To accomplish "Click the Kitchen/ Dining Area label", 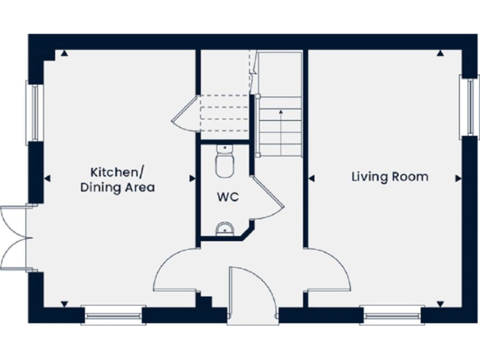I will coord(117,179).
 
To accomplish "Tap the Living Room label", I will coord(390,177).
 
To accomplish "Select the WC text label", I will coord(227,197).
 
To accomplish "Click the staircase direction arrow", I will coord(281,112).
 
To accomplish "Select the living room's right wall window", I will coord(466,107).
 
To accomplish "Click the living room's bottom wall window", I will coord(392,316).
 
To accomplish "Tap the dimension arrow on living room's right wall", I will coord(458,179).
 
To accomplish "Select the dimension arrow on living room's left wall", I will coord(312,179).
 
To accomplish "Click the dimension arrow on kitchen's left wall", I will coord(46,179).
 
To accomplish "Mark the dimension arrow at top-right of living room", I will coord(441,54).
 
